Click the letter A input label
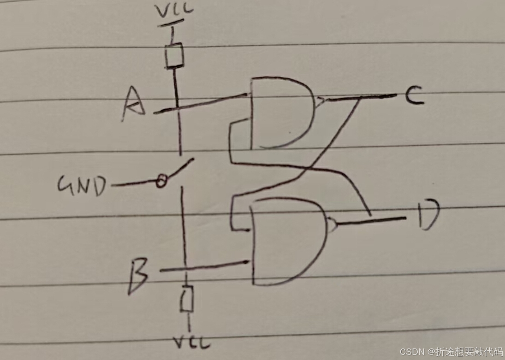134,104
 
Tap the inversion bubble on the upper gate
319,100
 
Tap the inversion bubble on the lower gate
332,224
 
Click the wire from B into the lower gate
208,266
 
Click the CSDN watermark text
451,352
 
